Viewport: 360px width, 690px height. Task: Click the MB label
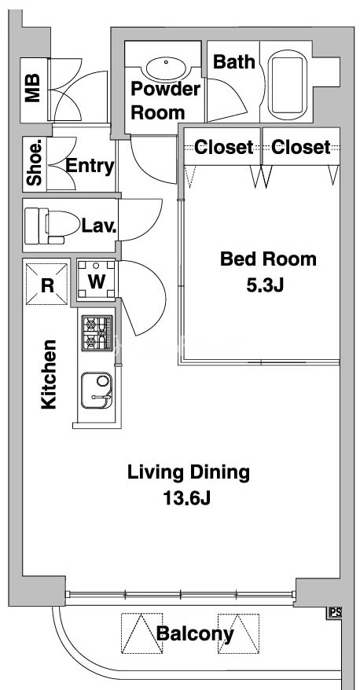(x=32, y=87)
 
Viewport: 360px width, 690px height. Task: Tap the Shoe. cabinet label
(x=35, y=163)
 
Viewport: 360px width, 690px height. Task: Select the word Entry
(x=90, y=167)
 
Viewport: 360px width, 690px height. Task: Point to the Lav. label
(x=99, y=226)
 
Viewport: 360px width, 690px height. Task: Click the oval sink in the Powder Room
(x=166, y=69)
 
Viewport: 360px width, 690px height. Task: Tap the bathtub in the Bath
(x=288, y=85)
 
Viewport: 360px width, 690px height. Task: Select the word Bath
(x=234, y=62)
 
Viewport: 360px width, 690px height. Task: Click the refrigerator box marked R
(x=47, y=284)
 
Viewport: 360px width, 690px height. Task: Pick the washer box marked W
(x=97, y=280)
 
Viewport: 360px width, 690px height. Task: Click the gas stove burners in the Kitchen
(x=97, y=333)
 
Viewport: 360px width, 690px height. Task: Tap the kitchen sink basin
(x=97, y=391)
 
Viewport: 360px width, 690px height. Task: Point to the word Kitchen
(x=49, y=375)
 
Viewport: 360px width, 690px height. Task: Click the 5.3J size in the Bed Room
(x=265, y=285)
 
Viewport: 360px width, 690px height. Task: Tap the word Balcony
(x=195, y=633)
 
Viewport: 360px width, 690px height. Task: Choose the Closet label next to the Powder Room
(x=223, y=147)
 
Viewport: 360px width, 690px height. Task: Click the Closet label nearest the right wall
(x=300, y=147)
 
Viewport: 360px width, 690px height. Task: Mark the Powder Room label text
(x=165, y=101)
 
